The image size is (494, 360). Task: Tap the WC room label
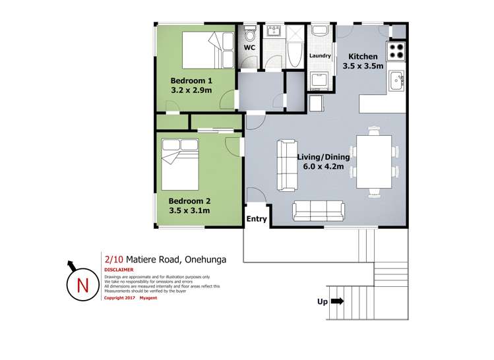click(x=249, y=48)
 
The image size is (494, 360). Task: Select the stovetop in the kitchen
click(x=396, y=51)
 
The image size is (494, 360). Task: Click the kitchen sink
click(x=396, y=80)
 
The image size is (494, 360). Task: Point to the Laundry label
click(x=320, y=56)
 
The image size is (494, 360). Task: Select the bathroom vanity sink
click(x=274, y=31)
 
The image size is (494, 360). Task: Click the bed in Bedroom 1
click(x=208, y=50)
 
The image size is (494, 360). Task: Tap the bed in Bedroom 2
click(x=180, y=164)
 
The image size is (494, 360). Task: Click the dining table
click(x=374, y=162)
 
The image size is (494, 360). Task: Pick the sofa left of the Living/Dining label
click(x=288, y=165)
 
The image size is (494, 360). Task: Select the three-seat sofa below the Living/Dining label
click(x=318, y=211)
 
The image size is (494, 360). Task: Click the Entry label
click(x=257, y=219)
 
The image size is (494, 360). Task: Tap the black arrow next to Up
click(x=338, y=301)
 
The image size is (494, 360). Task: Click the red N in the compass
click(x=82, y=285)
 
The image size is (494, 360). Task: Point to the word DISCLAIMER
click(x=119, y=270)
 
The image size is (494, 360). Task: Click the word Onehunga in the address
click(x=205, y=260)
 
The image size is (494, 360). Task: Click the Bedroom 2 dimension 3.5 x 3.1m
click(x=189, y=210)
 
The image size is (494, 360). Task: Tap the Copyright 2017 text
click(x=119, y=298)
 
